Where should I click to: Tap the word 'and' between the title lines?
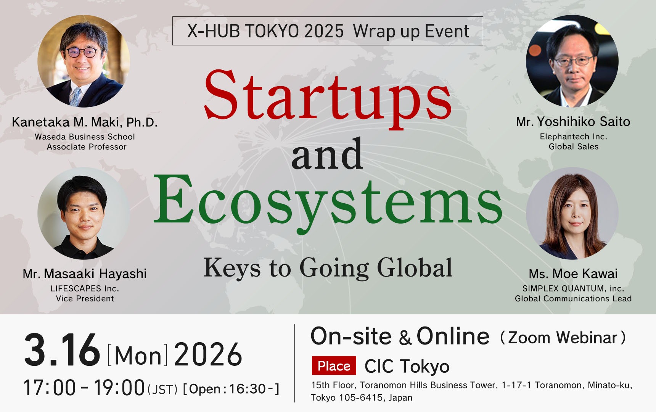click(327, 154)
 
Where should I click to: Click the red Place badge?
click(334, 366)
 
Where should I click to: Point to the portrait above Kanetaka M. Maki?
click(84, 61)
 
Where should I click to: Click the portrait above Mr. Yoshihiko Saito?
click(572, 61)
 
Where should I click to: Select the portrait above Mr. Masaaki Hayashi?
click(84, 214)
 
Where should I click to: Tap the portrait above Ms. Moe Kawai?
click(572, 214)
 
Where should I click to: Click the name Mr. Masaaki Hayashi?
click(85, 274)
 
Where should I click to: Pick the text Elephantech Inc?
click(573, 137)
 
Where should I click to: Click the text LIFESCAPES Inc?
click(85, 288)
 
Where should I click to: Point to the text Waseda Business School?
click(85, 137)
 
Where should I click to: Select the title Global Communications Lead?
click(573, 298)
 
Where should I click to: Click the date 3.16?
click(62, 350)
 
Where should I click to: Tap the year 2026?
click(208, 354)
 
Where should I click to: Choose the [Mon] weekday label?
click(138, 356)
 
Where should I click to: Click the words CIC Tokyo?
click(407, 367)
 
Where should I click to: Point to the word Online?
click(453, 336)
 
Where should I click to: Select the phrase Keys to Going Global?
click(328, 268)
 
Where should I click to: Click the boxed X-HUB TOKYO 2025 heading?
click(328, 31)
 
